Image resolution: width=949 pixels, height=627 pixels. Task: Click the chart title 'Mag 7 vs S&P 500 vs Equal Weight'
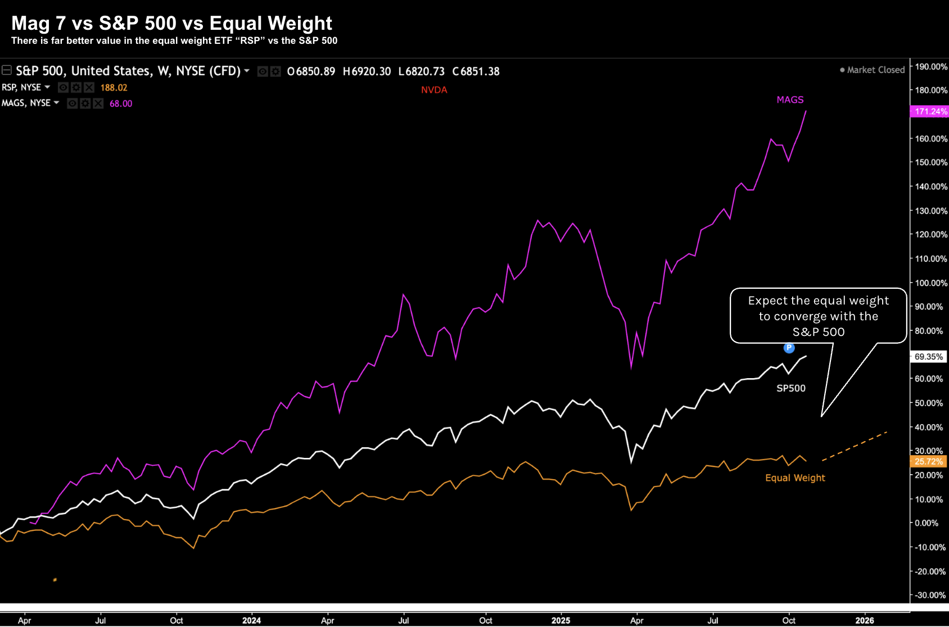[x=171, y=23]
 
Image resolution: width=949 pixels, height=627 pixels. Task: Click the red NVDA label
[x=434, y=90]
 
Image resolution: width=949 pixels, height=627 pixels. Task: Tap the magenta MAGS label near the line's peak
[x=790, y=99]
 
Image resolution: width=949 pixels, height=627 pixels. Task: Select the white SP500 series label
[x=790, y=388]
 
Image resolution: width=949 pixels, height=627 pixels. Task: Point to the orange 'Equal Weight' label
[x=795, y=478]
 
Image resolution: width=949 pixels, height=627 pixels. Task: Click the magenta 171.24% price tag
[x=930, y=111]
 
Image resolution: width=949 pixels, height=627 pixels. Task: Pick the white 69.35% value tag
[x=928, y=357]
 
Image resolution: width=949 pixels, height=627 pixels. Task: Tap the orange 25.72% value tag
[x=928, y=462]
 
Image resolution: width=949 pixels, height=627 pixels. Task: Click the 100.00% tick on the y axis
[x=931, y=283]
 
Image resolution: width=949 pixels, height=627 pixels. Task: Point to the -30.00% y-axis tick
[x=930, y=595]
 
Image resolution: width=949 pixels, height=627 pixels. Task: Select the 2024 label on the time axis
[x=251, y=620]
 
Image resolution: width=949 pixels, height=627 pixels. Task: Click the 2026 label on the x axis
[x=864, y=620]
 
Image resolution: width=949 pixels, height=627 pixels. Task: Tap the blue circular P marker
[x=789, y=348]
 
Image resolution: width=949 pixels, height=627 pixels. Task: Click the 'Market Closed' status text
[x=875, y=70]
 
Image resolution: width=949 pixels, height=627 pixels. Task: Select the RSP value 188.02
[x=114, y=88]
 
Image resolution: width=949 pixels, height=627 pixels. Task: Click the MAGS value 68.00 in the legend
[x=121, y=103]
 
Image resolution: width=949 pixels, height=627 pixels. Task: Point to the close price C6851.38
[x=476, y=71]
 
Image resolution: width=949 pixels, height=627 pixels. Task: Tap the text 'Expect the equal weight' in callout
[x=818, y=301]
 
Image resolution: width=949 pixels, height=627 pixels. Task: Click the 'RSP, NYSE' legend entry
[x=21, y=88]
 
